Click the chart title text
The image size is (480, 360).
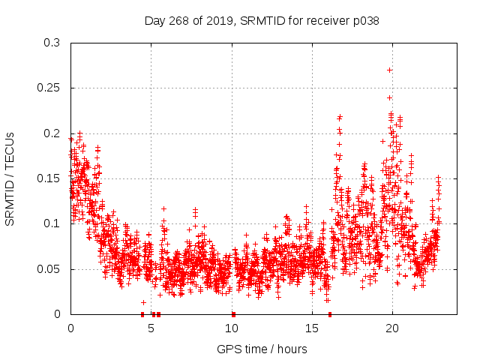262,21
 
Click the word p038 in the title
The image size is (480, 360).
365,21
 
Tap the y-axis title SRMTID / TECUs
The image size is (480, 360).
10,178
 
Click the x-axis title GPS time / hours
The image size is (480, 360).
262,349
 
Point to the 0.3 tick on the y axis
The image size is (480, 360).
52,43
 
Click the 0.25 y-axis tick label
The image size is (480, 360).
49,88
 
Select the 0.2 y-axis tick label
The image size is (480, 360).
52,133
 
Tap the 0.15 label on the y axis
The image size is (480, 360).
49,178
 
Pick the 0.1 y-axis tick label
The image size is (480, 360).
52,223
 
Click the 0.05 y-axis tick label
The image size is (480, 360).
49,268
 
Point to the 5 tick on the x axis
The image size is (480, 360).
151,328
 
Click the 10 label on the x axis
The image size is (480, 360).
232,328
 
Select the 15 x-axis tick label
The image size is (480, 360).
312,328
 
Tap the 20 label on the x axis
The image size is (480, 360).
392,328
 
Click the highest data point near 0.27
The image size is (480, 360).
389,70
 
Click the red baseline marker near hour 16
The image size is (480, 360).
330,314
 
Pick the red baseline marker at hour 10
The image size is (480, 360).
233,314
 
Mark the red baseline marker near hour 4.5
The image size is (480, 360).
142,314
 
